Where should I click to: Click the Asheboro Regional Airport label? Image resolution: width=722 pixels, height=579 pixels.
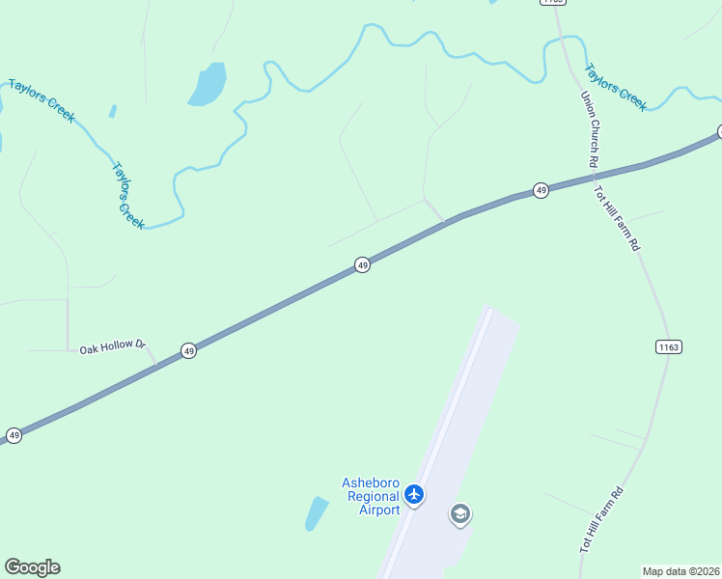coord(371,496)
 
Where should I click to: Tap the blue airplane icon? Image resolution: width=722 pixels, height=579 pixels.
coord(415,495)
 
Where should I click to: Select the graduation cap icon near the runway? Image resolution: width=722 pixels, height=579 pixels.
coord(460,514)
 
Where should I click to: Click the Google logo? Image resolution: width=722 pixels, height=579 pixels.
coord(32,567)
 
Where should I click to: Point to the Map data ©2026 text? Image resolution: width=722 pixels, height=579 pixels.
coord(681,570)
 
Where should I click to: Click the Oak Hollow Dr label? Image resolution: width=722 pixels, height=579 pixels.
coord(112,345)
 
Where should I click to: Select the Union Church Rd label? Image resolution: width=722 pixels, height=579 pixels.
coord(588,130)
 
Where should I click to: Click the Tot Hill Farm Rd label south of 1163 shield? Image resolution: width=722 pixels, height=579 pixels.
coord(602,519)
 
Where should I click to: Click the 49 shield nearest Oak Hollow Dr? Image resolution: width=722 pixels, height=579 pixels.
coord(189,351)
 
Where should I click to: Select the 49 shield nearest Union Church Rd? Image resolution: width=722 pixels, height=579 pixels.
coord(541,191)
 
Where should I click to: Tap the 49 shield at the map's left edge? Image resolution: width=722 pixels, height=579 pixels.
coord(14,436)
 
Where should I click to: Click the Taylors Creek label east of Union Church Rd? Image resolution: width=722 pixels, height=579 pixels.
coord(617,88)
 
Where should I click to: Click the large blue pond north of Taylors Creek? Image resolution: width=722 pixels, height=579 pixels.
coord(207,85)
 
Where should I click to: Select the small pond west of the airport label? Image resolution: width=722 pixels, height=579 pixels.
coord(317,512)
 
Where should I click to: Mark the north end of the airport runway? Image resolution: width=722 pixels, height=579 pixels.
coord(489,312)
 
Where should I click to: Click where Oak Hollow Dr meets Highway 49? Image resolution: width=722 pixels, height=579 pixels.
coord(158,365)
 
